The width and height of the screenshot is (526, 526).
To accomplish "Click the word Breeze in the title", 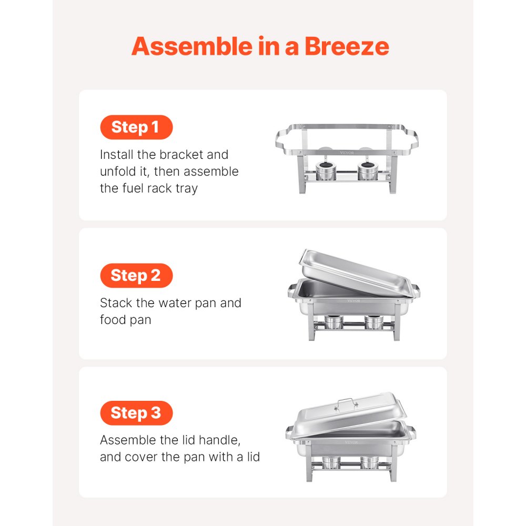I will tap(347, 46).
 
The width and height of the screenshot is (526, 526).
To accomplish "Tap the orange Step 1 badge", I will tap(136, 127).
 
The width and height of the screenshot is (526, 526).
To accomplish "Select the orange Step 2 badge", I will tap(136, 276).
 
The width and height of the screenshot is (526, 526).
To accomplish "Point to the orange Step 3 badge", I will tap(136, 413).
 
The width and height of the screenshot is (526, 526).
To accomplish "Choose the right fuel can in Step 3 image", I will tap(370, 462).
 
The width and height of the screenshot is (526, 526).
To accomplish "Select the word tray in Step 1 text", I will tap(187, 188).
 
